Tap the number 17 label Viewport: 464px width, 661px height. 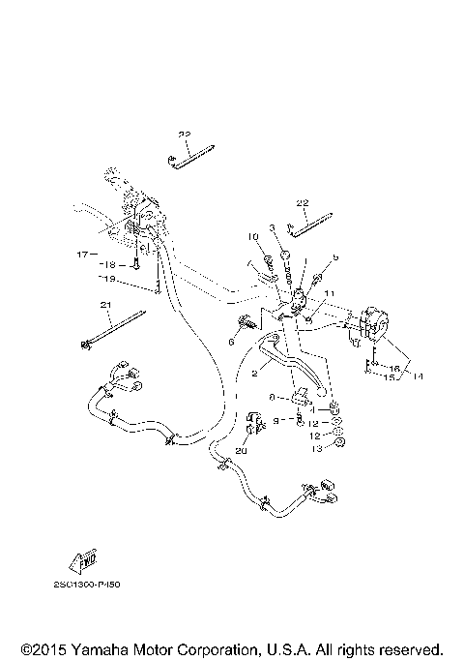tap(82, 255)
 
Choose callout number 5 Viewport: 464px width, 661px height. tap(335, 257)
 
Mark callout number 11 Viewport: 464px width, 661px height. tap(328, 293)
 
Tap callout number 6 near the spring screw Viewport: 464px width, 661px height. tap(232, 342)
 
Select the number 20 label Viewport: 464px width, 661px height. tap(242, 451)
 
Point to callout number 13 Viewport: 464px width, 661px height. tap(313, 450)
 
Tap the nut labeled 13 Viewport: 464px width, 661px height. tap(340, 443)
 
